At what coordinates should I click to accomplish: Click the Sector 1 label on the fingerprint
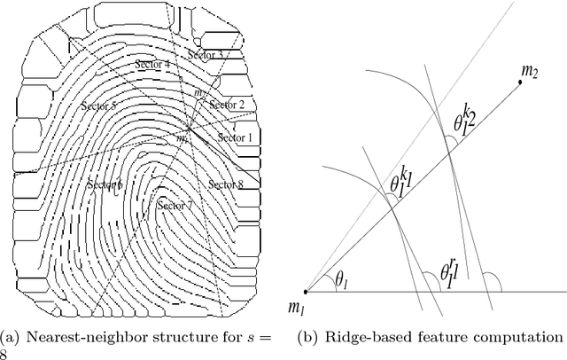235,137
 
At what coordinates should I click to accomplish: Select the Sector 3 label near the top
206,55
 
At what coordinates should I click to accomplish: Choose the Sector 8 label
225,184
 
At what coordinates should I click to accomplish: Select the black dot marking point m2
519,83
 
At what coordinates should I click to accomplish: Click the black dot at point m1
307,291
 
